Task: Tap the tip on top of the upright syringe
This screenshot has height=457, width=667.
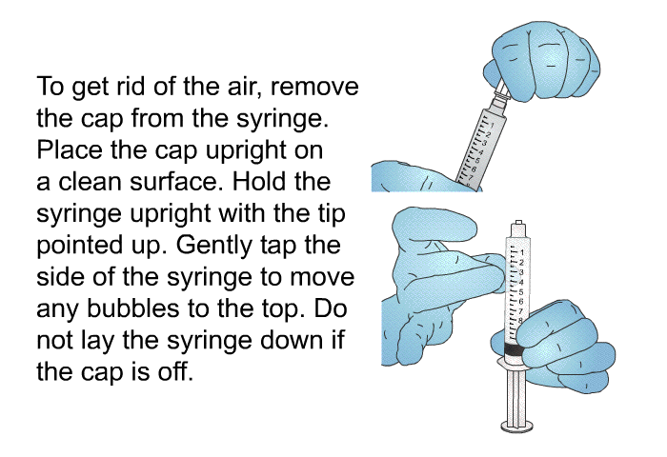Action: (517, 228)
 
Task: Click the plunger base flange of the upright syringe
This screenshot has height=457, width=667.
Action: (517, 425)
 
